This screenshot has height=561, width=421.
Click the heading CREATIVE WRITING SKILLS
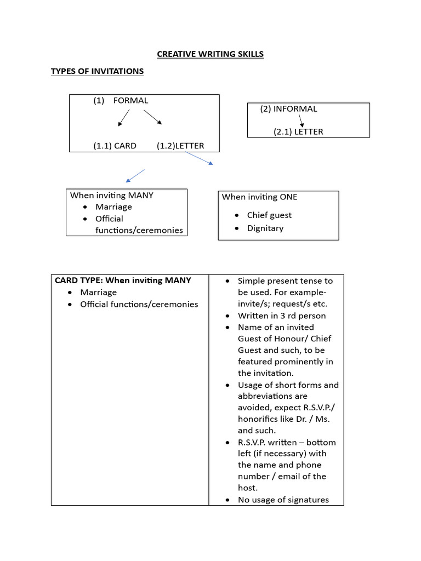[210, 54]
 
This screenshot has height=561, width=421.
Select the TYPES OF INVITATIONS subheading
[97, 71]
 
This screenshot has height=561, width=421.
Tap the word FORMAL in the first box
[130, 100]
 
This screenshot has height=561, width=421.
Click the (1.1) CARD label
[115, 146]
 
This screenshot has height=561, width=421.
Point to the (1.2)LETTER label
[180, 146]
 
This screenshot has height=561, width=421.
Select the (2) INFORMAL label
[288, 108]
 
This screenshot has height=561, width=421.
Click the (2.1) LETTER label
[298, 131]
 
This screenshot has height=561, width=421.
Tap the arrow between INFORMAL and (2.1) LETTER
[300, 121]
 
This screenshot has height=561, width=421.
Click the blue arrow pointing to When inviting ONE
[200, 158]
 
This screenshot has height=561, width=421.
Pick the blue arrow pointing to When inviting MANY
[135, 176]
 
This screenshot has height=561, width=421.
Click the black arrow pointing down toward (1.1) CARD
[124, 118]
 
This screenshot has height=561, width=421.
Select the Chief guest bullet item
[269, 215]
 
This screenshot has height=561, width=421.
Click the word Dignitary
[265, 228]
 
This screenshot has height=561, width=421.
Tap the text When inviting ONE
[259, 197]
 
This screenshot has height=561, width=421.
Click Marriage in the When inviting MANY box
[113, 207]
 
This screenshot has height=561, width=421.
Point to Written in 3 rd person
[282, 316]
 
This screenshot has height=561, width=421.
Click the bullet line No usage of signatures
[283, 500]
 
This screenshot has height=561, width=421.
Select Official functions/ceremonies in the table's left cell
[139, 304]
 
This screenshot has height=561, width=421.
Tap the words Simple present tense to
[285, 280]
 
